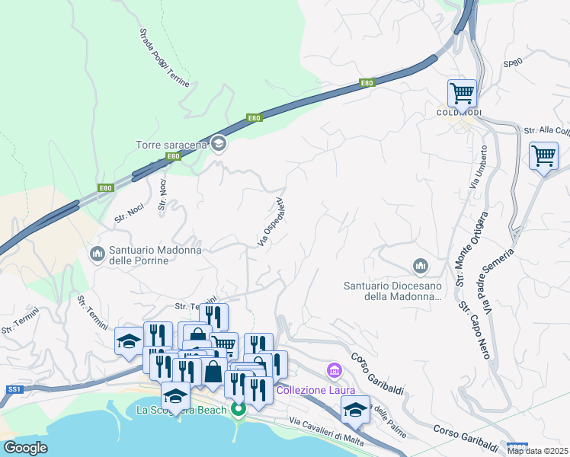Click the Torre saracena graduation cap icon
click(219, 144)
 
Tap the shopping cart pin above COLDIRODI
click(462, 93)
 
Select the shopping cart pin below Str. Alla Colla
click(543, 155)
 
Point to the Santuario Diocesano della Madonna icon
click(420, 267)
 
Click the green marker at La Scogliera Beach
click(238, 410)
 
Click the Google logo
click(26, 448)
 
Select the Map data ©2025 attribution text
click(537, 451)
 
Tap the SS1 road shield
click(14, 388)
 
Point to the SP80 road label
click(513, 65)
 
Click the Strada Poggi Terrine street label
click(164, 57)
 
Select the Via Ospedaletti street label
click(271, 222)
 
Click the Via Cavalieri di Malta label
click(326, 431)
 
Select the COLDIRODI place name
click(459, 113)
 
